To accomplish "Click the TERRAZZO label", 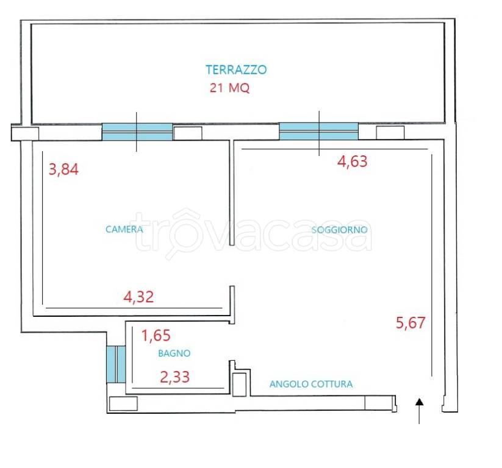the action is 236,69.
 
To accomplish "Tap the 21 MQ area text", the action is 229,88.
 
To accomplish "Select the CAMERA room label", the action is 124,229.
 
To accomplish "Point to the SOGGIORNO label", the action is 339,230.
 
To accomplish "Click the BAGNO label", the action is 174,353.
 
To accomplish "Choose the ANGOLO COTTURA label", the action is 311,384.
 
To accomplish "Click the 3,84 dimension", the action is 63,169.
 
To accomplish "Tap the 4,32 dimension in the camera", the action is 138,297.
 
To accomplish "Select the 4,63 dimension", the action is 352,161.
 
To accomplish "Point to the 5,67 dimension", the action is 411,323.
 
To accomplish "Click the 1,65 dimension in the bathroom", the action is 156,336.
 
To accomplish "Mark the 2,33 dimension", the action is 175,377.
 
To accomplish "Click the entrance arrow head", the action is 420,402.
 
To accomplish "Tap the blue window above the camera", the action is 137,132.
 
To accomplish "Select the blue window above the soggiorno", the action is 319,131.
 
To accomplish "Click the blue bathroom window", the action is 116,364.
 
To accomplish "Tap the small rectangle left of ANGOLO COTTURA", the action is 239,385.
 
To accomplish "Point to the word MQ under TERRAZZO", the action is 239,88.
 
